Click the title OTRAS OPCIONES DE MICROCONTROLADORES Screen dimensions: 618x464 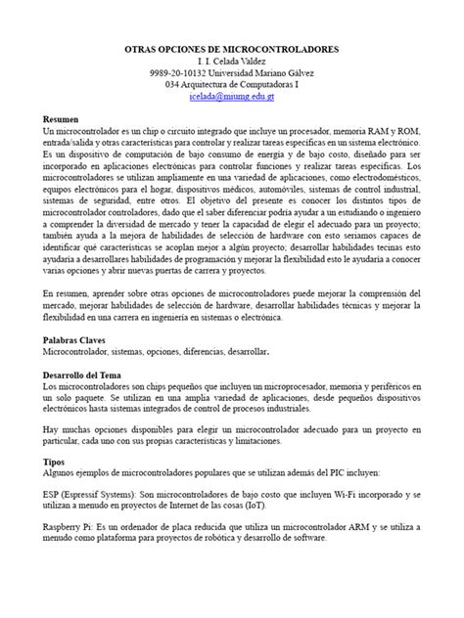(x=231, y=48)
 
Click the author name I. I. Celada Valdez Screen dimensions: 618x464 (x=231, y=61)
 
